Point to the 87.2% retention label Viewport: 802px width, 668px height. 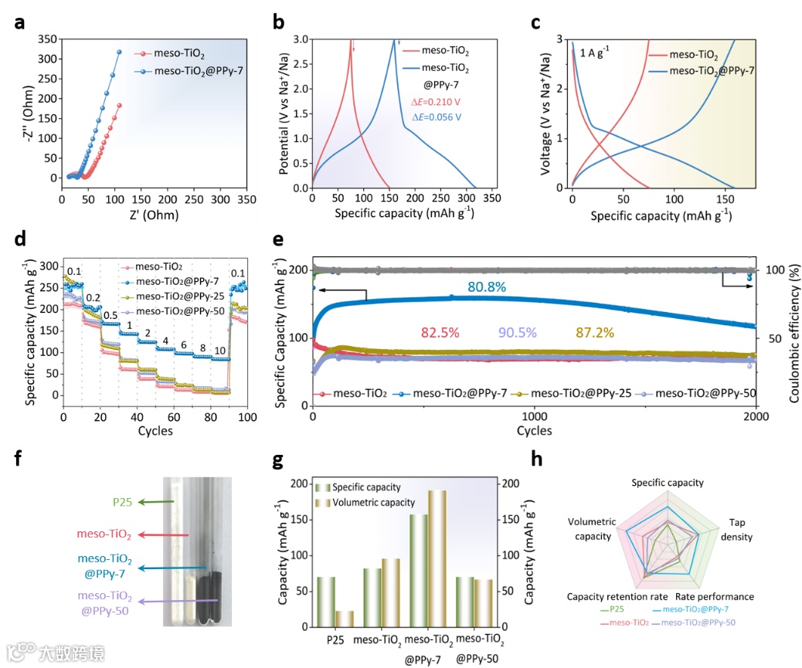(594, 334)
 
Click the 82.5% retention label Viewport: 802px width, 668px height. (440, 334)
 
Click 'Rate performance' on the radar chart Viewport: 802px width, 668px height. (715, 597)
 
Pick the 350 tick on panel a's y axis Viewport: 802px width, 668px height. (46, 39)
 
